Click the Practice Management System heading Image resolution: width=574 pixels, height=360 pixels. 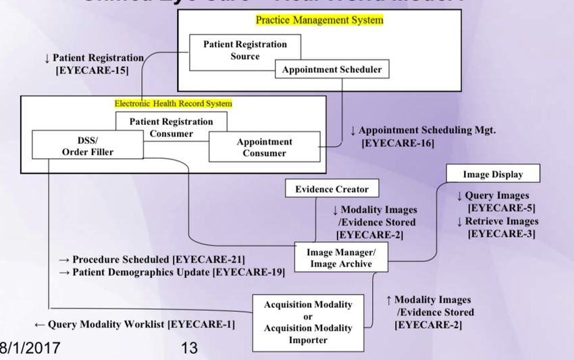coord(319,20)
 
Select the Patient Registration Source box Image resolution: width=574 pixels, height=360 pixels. coord(245,50)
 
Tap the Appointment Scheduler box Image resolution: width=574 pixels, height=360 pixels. coord(332,70)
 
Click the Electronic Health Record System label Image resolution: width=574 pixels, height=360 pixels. coord(173,104)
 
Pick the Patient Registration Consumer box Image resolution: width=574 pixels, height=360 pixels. coord(171,127)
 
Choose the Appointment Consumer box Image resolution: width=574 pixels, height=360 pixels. coord(264,147)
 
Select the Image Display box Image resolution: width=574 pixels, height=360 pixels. coord(493,174)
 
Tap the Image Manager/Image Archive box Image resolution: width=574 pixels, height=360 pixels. coord(341,258)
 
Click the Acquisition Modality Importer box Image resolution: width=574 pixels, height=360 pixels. coord(308,322)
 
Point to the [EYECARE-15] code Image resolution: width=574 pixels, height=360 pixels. coord(92,70)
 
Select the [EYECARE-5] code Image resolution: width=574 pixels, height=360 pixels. coord(502,208)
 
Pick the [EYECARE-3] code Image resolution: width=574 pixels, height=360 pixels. coord(502,234)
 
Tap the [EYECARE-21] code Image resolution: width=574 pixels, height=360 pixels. coord(208,259)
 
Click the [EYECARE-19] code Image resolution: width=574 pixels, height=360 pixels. coord(249,272)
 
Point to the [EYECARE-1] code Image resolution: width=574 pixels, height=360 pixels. coord(201,325)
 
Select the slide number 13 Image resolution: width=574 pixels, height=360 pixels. coord(190,349)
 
